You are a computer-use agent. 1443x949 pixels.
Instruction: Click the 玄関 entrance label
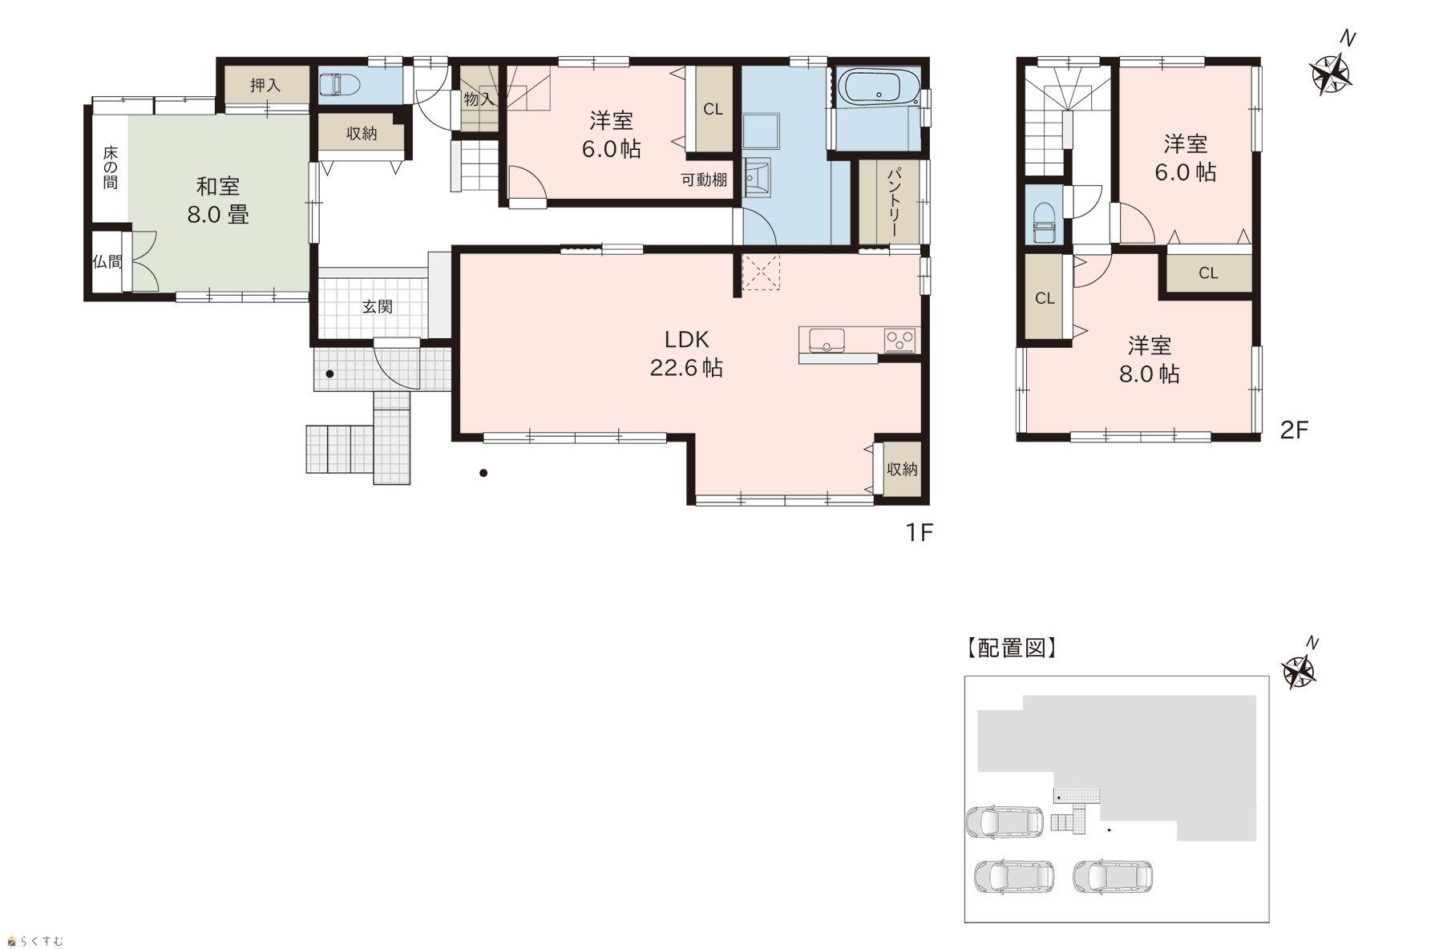[x=377, y=306]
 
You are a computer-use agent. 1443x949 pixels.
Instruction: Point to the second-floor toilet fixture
[x=1044, y=221]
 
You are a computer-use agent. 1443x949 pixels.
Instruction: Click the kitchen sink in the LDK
[x=827, y=340]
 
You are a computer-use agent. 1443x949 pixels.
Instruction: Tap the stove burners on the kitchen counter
[x=900, y=340]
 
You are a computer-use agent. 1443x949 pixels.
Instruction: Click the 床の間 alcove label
[x=110, y=168]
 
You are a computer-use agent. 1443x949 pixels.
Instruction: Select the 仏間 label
[x=107, y=261]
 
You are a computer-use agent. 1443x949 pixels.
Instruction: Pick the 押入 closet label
[x=265, y=85]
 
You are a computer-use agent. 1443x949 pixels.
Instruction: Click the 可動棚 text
[x=704, y=180]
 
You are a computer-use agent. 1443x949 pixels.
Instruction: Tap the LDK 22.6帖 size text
[x=686, y=367]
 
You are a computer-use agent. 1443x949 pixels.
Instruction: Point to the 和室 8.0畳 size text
[x=218, y=214]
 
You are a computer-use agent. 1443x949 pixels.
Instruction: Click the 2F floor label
[x=1294, y=430]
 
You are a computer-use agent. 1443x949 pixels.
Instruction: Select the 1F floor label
[x=920, y=532]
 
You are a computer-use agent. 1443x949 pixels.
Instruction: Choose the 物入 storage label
[x=479, y=99]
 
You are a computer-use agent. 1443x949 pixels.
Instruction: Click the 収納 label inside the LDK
[x=902, y=469]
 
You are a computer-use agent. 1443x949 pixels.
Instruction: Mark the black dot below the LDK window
[x=483, y=473]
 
